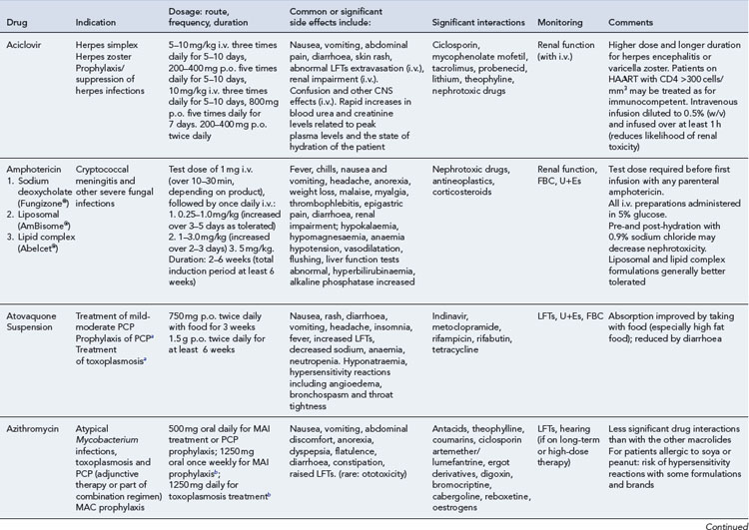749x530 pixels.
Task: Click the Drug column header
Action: pos(19,21)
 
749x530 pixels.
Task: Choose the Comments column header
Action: pos(627,21)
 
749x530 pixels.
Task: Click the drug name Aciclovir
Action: pos(24,46)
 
